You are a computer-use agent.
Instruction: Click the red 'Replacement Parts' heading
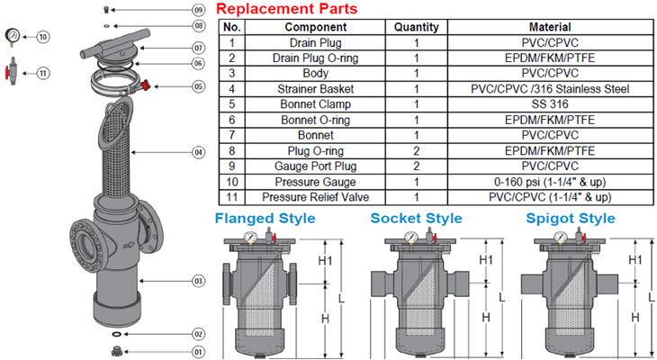[287, 9]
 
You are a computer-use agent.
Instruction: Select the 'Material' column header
[549, 27]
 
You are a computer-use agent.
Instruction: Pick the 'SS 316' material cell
[549, 103]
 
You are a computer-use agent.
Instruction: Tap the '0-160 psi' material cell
[549, 180]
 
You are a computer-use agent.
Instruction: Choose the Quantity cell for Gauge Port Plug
[416, 165]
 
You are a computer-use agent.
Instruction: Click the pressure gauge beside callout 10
[9, 36]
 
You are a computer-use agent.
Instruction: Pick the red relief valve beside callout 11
[9, 72]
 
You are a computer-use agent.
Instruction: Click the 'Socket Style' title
[416, 219]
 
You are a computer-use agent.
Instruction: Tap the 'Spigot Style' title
[571, 219]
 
